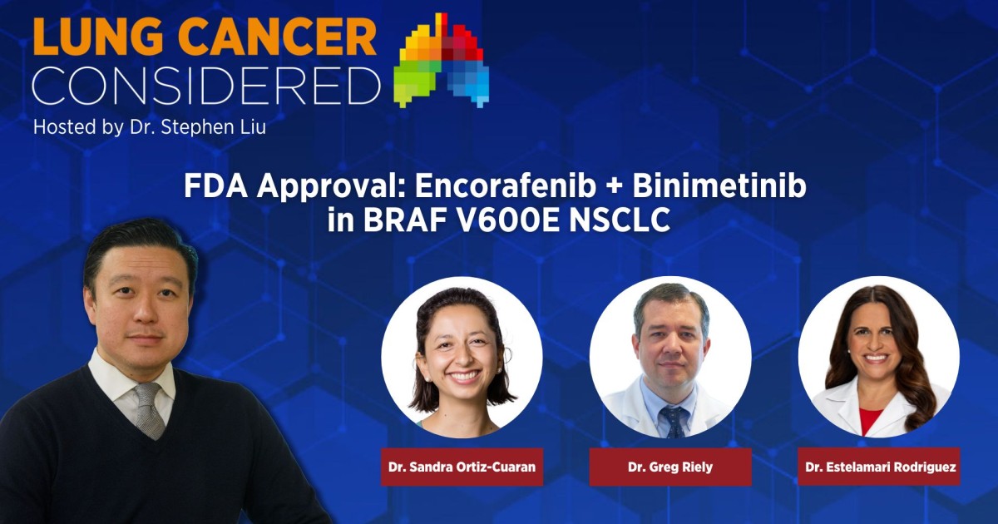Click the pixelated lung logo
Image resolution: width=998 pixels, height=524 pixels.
[443, 60]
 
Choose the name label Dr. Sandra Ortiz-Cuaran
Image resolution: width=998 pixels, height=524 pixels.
[462, 467]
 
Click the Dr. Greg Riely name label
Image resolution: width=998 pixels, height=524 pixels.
[670, 467]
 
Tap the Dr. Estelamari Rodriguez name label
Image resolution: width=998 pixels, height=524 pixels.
[879, 467]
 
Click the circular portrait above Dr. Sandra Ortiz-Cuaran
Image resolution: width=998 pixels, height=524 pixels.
[462, 358]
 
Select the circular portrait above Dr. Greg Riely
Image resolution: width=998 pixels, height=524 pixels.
[670, 358]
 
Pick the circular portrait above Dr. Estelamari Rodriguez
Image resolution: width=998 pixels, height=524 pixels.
[879, 358]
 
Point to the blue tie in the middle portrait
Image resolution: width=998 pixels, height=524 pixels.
[672, 420]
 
